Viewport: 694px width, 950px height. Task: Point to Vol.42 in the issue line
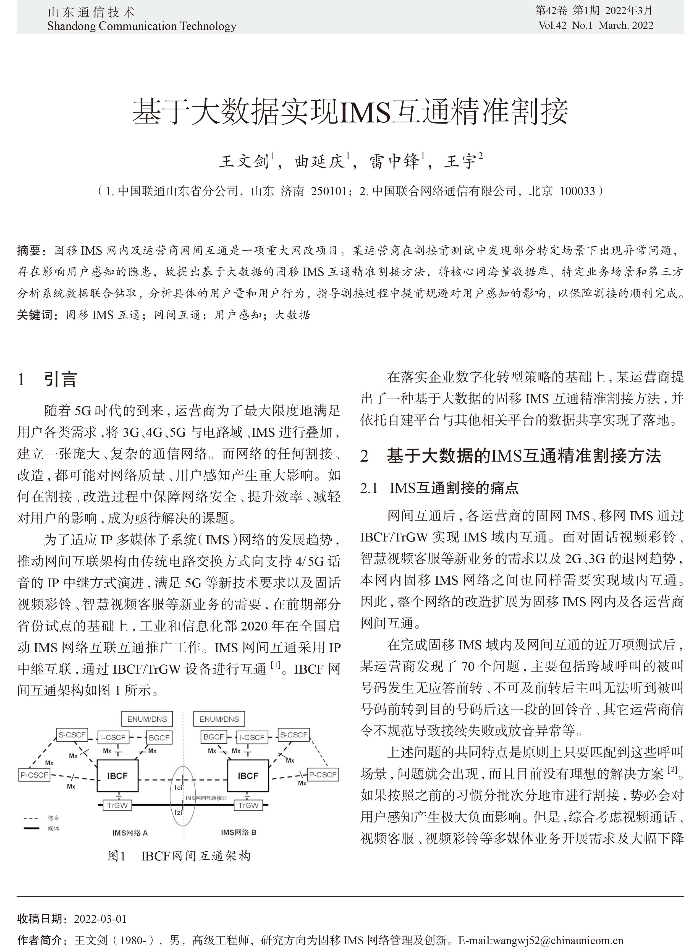tap(552, 25)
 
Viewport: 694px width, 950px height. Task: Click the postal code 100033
tap(578, 192)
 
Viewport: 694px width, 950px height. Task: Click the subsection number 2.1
tap(369, 488)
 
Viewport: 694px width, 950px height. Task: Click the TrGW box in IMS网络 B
tap(248, 805)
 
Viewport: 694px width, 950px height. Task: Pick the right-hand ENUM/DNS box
tap(219, 719)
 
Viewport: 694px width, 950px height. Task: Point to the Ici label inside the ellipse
tap(179, 788)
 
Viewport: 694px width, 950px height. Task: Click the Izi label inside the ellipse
tap(179, 812)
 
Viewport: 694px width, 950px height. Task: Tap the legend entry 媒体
tap(53, 828)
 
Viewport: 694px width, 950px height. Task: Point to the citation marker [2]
tap(672, 770)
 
